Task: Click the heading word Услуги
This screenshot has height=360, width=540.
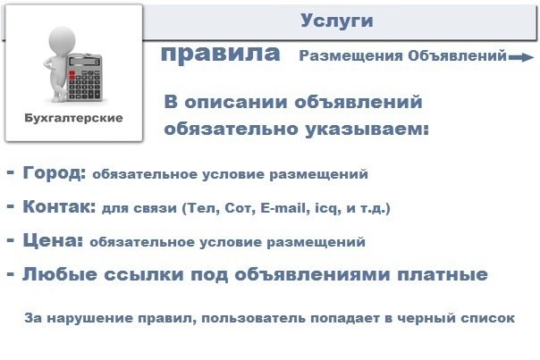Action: (336, 21)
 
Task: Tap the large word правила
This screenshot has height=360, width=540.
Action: (221, 54)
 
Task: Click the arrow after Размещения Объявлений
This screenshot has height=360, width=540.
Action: (521, 57)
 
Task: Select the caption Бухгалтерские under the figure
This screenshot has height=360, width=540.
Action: (73, 118)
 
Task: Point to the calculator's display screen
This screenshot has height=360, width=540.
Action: (84, 62)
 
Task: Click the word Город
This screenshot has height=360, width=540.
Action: (54, 172)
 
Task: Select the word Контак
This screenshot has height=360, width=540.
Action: (58, 206)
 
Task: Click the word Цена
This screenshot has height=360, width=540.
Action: (53, 240)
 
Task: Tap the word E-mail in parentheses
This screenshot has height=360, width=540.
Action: (283, 208)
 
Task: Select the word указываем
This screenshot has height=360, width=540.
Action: (367, 130)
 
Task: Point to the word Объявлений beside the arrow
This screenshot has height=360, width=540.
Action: (457, 55)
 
